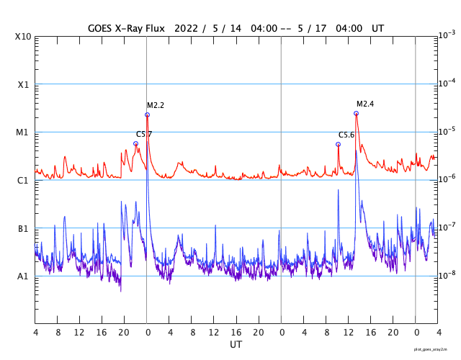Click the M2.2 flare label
pos(156,106)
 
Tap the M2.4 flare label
pos(365,104)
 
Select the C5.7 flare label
pos(144,134)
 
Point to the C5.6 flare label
pos(346,135)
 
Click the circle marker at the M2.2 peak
pos(147,114)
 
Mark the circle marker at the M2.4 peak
pos(356,113)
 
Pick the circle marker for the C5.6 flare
pos(338,144)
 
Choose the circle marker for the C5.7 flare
pos(135,143)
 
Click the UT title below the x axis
pos(236,345)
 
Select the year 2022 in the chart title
pos(189,27)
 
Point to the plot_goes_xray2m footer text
pos(435,348)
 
